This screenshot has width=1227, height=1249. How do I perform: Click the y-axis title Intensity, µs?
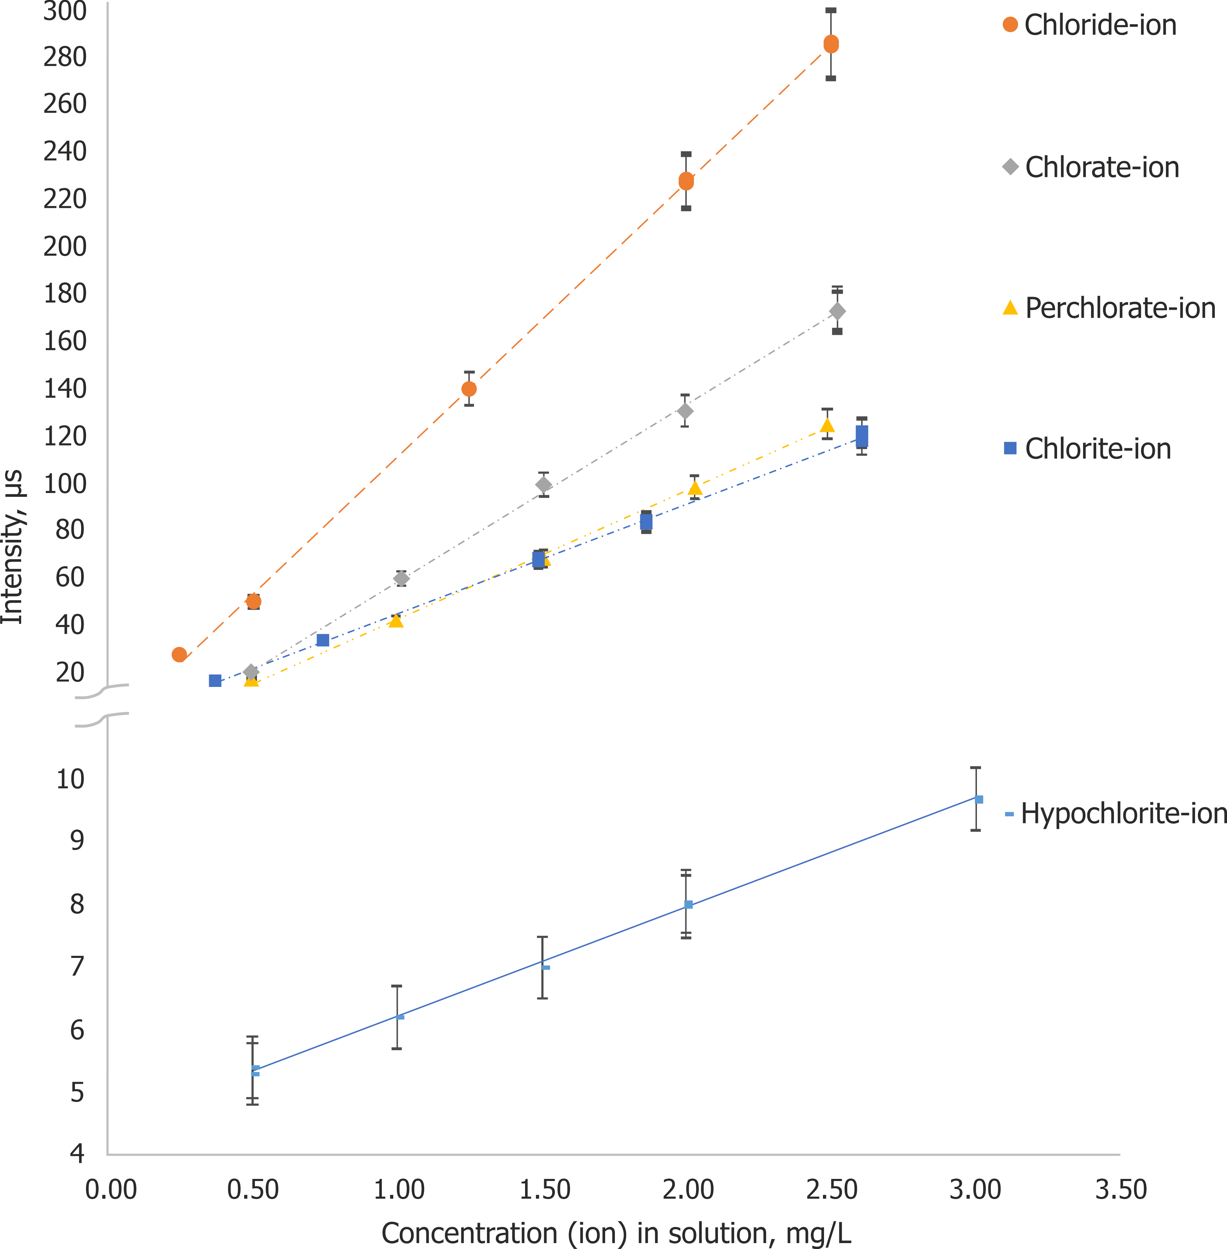pyautogui.click(x=13, y=547)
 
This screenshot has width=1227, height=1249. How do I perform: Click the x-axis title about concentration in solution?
pyautogui.click(x=616, y=1233)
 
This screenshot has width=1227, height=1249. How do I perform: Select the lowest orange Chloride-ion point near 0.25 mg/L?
pyautogui.click(x=179, y=654)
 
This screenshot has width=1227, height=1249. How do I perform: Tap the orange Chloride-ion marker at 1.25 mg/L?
pyautogui.click(x=469, y=389)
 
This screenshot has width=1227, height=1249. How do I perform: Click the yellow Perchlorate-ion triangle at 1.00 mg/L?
pyautogui.click(x=396, y=620)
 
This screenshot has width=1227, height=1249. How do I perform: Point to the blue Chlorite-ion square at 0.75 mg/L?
pyautogui.click(x=323, y=640)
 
